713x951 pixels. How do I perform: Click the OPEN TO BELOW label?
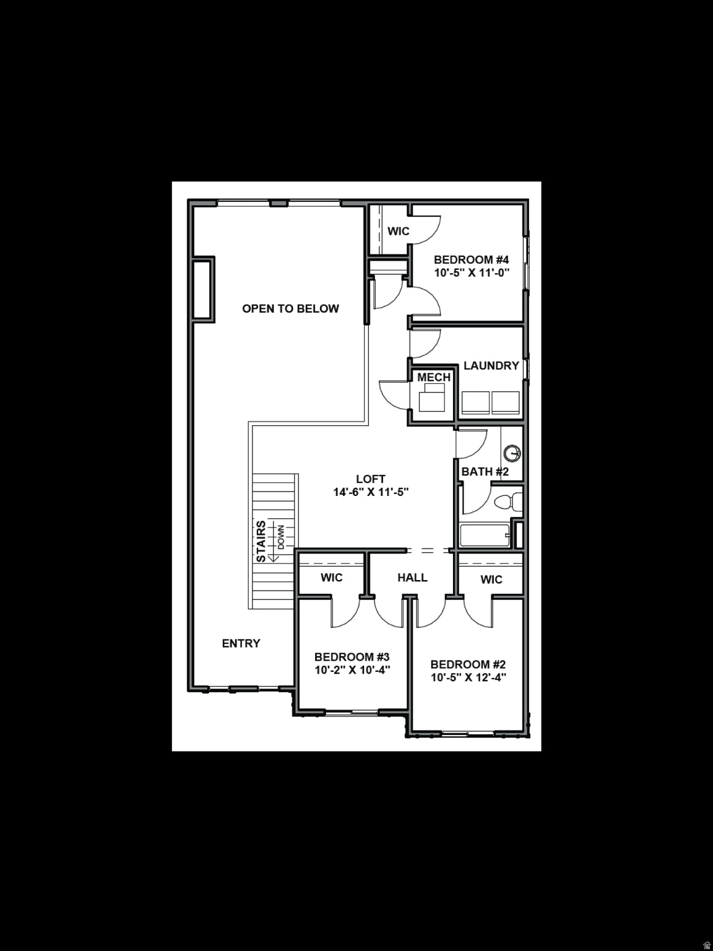[290, 308]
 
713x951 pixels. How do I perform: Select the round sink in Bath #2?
[512, 454]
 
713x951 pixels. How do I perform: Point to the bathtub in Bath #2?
[485, 536]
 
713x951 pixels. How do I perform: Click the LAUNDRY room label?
[491, 365]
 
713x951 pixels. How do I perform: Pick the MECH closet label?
[433, 377]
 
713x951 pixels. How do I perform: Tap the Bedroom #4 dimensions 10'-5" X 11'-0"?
[471, 273]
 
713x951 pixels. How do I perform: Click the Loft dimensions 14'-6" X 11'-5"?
[371, 492]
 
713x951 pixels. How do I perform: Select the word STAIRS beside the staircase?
[261, 541]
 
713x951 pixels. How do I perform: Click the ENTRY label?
[241, 643]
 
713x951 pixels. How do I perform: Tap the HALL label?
[412, 578]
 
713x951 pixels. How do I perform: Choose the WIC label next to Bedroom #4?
[398, 231]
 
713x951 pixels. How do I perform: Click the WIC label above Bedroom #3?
[331, 578]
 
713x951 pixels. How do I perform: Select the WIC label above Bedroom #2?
[491, 580]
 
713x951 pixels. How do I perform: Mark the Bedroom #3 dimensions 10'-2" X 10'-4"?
[352, 670]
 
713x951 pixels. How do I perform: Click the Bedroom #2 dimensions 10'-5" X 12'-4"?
[469, 677]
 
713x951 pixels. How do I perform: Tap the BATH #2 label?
[485, 472]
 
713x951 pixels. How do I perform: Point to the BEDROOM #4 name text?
[471, 259]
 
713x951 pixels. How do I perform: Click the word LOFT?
[371, 479]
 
